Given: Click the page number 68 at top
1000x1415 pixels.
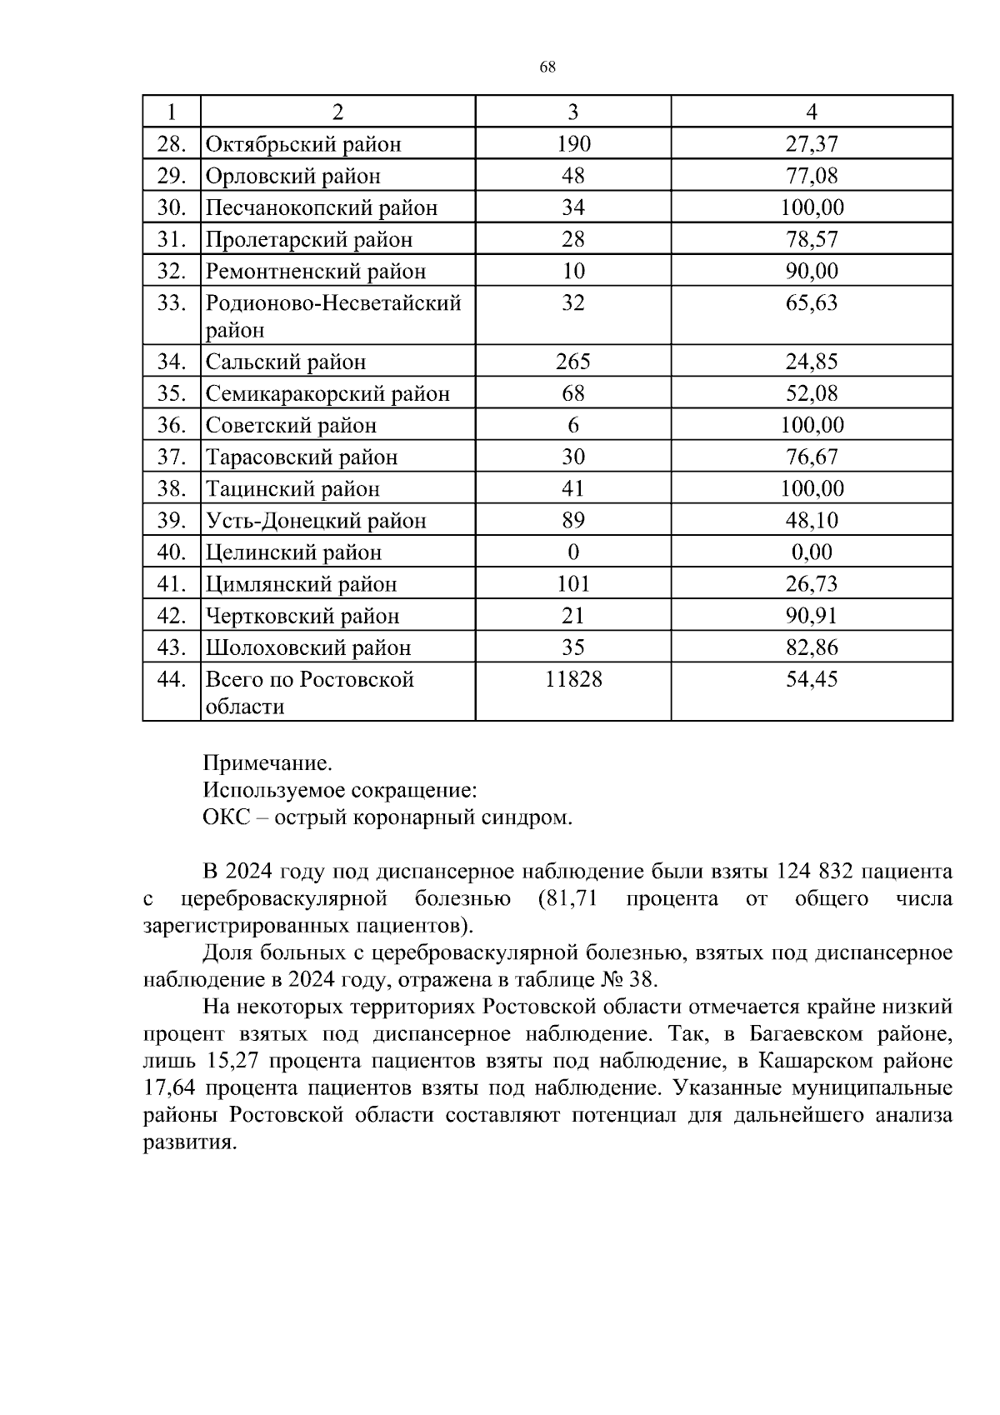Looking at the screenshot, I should click(x=547, y=67).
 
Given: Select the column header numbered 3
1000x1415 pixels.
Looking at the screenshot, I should click(x=573, y=112).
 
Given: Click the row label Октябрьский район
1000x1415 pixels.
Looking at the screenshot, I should click(x=303, y=144).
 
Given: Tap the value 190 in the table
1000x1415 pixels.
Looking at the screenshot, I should click(x=573, y=144).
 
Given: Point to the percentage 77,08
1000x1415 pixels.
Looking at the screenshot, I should click(x=812, y=176).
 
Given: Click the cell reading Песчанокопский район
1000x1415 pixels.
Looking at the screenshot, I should click(x=322, y=207).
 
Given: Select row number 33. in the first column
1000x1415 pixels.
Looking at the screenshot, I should click(x=171, y=302).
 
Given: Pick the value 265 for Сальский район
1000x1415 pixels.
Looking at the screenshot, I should click(x=573, y=362).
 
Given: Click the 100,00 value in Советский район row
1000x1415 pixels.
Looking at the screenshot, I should click(x=812, y=425).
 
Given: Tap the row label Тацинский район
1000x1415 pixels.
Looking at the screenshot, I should click(x=292, y=489).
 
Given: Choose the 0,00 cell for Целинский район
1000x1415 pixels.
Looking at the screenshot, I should click(x=812, y=552).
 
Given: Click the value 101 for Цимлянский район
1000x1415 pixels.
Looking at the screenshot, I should click(x=573, y=584).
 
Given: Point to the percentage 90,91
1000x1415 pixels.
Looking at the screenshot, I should click(x=812, y=616).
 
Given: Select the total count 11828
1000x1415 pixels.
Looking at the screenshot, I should click(x=573, y=679).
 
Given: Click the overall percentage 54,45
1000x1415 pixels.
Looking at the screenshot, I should click(x=812, y=679).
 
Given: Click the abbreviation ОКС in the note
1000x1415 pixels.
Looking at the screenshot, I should click(x=226, y=817).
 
